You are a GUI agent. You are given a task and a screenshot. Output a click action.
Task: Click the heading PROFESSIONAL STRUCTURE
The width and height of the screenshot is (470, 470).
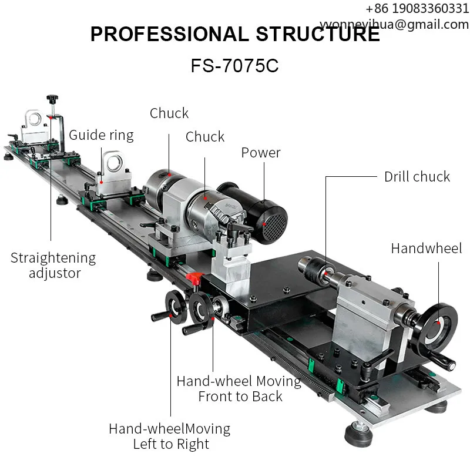235,34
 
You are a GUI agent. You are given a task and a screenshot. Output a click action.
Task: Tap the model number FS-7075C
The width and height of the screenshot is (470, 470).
234,65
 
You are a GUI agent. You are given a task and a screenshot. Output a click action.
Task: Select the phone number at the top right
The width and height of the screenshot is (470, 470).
417,8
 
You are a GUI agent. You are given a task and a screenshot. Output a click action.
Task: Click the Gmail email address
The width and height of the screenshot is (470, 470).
395,24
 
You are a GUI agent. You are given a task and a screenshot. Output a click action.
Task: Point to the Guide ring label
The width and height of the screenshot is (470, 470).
101,135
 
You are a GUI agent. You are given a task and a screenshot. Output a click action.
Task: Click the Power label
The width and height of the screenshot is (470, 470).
261,153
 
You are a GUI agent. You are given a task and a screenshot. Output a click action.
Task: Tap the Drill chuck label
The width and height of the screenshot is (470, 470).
417,176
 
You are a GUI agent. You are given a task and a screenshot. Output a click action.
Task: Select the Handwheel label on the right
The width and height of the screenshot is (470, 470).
427,248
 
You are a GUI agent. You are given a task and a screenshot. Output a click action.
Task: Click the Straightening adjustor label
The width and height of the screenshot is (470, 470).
53,265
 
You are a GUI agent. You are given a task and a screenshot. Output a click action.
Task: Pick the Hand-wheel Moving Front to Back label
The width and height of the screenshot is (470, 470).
239,388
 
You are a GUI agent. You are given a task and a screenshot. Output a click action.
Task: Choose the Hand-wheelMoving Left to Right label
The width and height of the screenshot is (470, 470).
170,436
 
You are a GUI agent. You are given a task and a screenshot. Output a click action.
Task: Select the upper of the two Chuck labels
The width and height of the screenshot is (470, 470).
169,113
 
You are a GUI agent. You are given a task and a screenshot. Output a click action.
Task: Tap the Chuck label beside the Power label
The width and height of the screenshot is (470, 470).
205,137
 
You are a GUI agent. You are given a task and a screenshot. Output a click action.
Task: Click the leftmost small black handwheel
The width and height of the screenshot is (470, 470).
170,308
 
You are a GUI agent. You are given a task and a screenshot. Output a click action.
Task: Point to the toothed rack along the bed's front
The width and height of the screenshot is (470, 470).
294,353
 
